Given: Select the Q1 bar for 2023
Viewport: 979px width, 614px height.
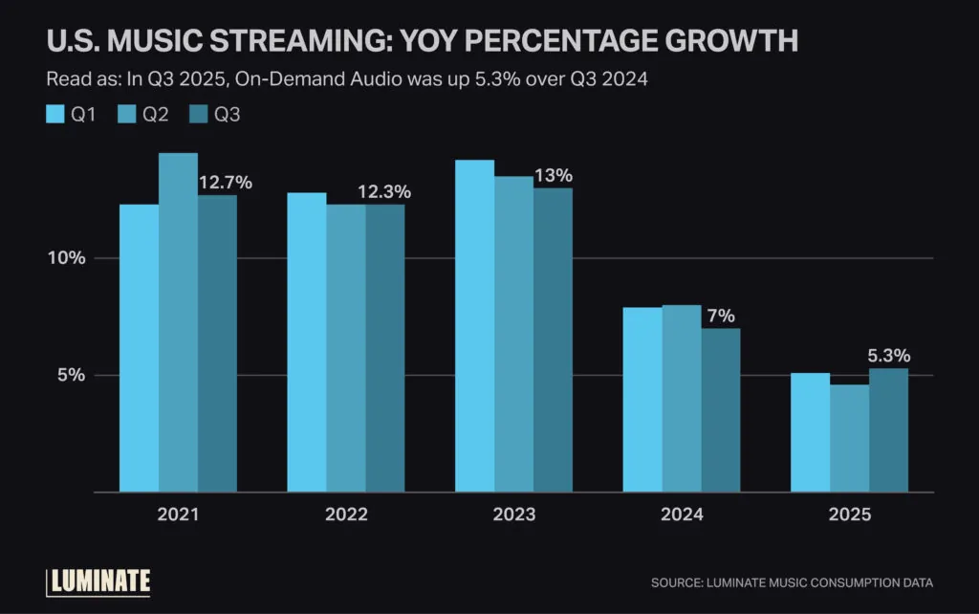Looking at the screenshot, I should pyautogui.click(x=475, y=325).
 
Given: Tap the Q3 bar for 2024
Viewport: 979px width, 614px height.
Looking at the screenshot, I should pyautogui.click(x=720, y=410).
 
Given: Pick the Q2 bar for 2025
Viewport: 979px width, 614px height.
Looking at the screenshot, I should pyautogui.click(x=849, y=438).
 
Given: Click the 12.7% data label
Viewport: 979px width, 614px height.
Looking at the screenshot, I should pyautogui.click(x=225, y=183).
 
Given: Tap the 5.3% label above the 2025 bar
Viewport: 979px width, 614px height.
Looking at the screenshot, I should pyautogui.click(x=887, y=356).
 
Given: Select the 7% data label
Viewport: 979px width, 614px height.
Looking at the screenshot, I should pyautogui.click(x=720, y=316).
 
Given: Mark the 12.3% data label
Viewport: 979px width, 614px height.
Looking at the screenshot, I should pyautogui.click(x=383, y=192).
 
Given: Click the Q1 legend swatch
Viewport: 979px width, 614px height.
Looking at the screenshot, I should pyautogui.click(x=55, y=116).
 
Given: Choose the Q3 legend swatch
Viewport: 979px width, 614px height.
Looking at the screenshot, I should pyautogui.click(x=198, y=116).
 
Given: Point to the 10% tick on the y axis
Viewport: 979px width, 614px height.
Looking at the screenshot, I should pyautogui.click(x=68, y=258).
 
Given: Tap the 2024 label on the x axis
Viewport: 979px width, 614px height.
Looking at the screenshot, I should pyautogui.click(x=682, y=515).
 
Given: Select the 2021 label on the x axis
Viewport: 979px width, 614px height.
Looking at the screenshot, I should pyautogui.click(x=178, y=515).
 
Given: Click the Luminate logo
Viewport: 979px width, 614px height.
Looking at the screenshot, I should pyautogui.click(x=98, y=581).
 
